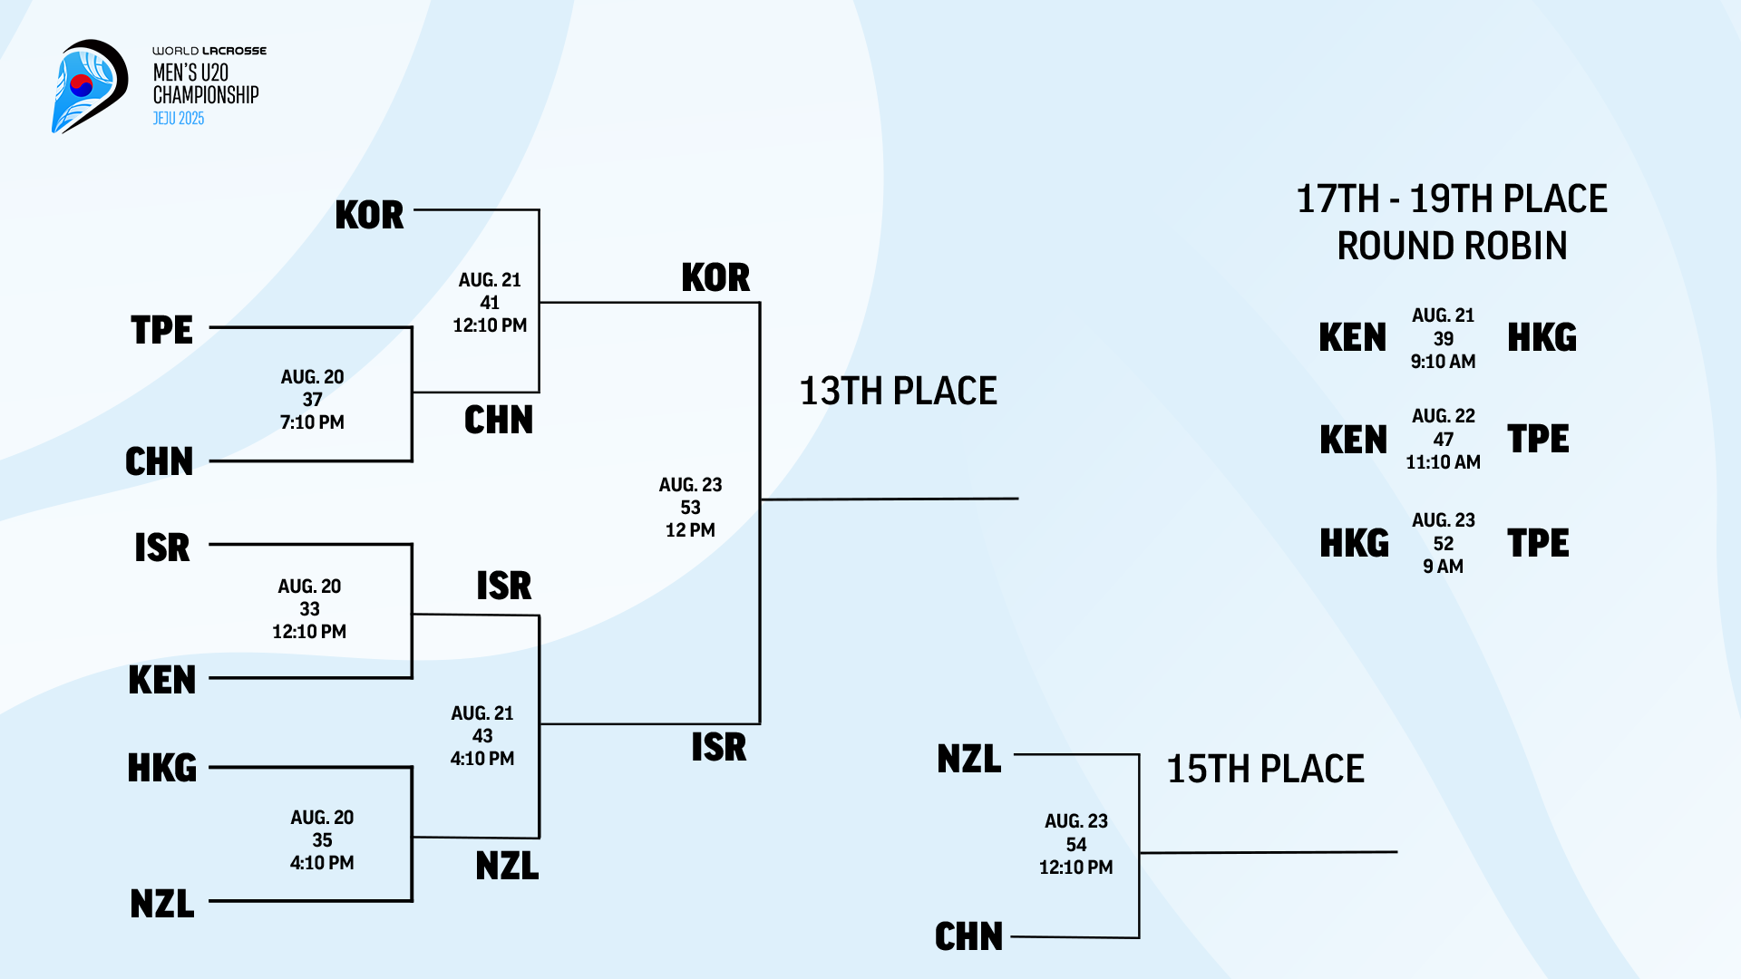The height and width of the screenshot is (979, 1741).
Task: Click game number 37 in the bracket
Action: pyautogui.click(x=312, y=400)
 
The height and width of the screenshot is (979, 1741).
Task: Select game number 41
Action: pyautogui.click(x=490, y=303)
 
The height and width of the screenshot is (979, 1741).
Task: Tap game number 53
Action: pyautogui.click(x=690, y=508)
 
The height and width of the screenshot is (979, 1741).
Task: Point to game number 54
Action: pyautogui.click(x=1075, y=845)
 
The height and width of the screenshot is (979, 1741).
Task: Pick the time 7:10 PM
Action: pyautogui.click(x=312, y=422)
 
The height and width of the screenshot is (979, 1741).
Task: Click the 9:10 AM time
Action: pyautogui.click(x=1443, y=362)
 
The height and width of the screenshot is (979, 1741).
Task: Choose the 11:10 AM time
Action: pyautogui.click(x=1443, y=462)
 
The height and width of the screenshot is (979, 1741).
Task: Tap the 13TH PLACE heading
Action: pyautogui.click(x=898, y=392)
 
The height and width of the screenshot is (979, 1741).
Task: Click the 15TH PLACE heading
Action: pyautogui.click(x=1265, y=770)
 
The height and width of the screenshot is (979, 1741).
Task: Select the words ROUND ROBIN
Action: pyautogui.click(x=1452, y=247)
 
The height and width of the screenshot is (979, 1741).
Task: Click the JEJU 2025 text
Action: pyautogui.click(x=179, y=119)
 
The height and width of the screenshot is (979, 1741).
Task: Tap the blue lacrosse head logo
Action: pyautogui.click(x=88, y=86)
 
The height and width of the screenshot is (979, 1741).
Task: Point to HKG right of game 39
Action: pyautogui.click(x=1542, y=338)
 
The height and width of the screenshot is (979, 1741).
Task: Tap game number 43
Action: pyautogui.click(x=482, y=736)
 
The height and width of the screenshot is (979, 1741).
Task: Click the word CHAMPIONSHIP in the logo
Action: pyautogui.click(x=206, y=95)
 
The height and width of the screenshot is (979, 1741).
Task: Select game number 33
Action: pyautogui.click(x=309, y=609)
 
